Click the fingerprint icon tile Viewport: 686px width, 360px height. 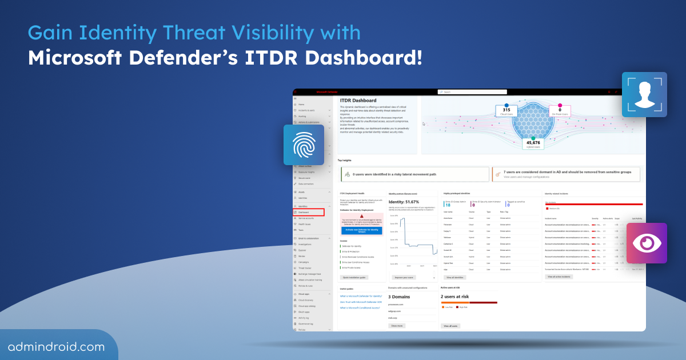tap(304, 146)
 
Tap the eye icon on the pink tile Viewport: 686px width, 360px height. tap(646, 243)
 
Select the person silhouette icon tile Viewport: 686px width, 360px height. tap(644, 94)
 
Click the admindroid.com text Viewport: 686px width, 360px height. tap(56, 346)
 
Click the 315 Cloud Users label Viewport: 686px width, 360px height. tap(506, 111)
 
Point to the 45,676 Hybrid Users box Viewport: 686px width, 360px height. tap(533, 144)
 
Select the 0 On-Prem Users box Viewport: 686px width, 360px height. tap(560, 111)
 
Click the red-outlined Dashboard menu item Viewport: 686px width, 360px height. tap(308, 212)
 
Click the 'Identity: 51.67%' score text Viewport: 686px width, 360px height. tap(404, 202)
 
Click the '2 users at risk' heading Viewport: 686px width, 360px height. tap(455, 297)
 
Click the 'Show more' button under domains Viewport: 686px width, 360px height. tap(397, 325)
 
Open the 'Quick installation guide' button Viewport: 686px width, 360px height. tap(354, 277)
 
